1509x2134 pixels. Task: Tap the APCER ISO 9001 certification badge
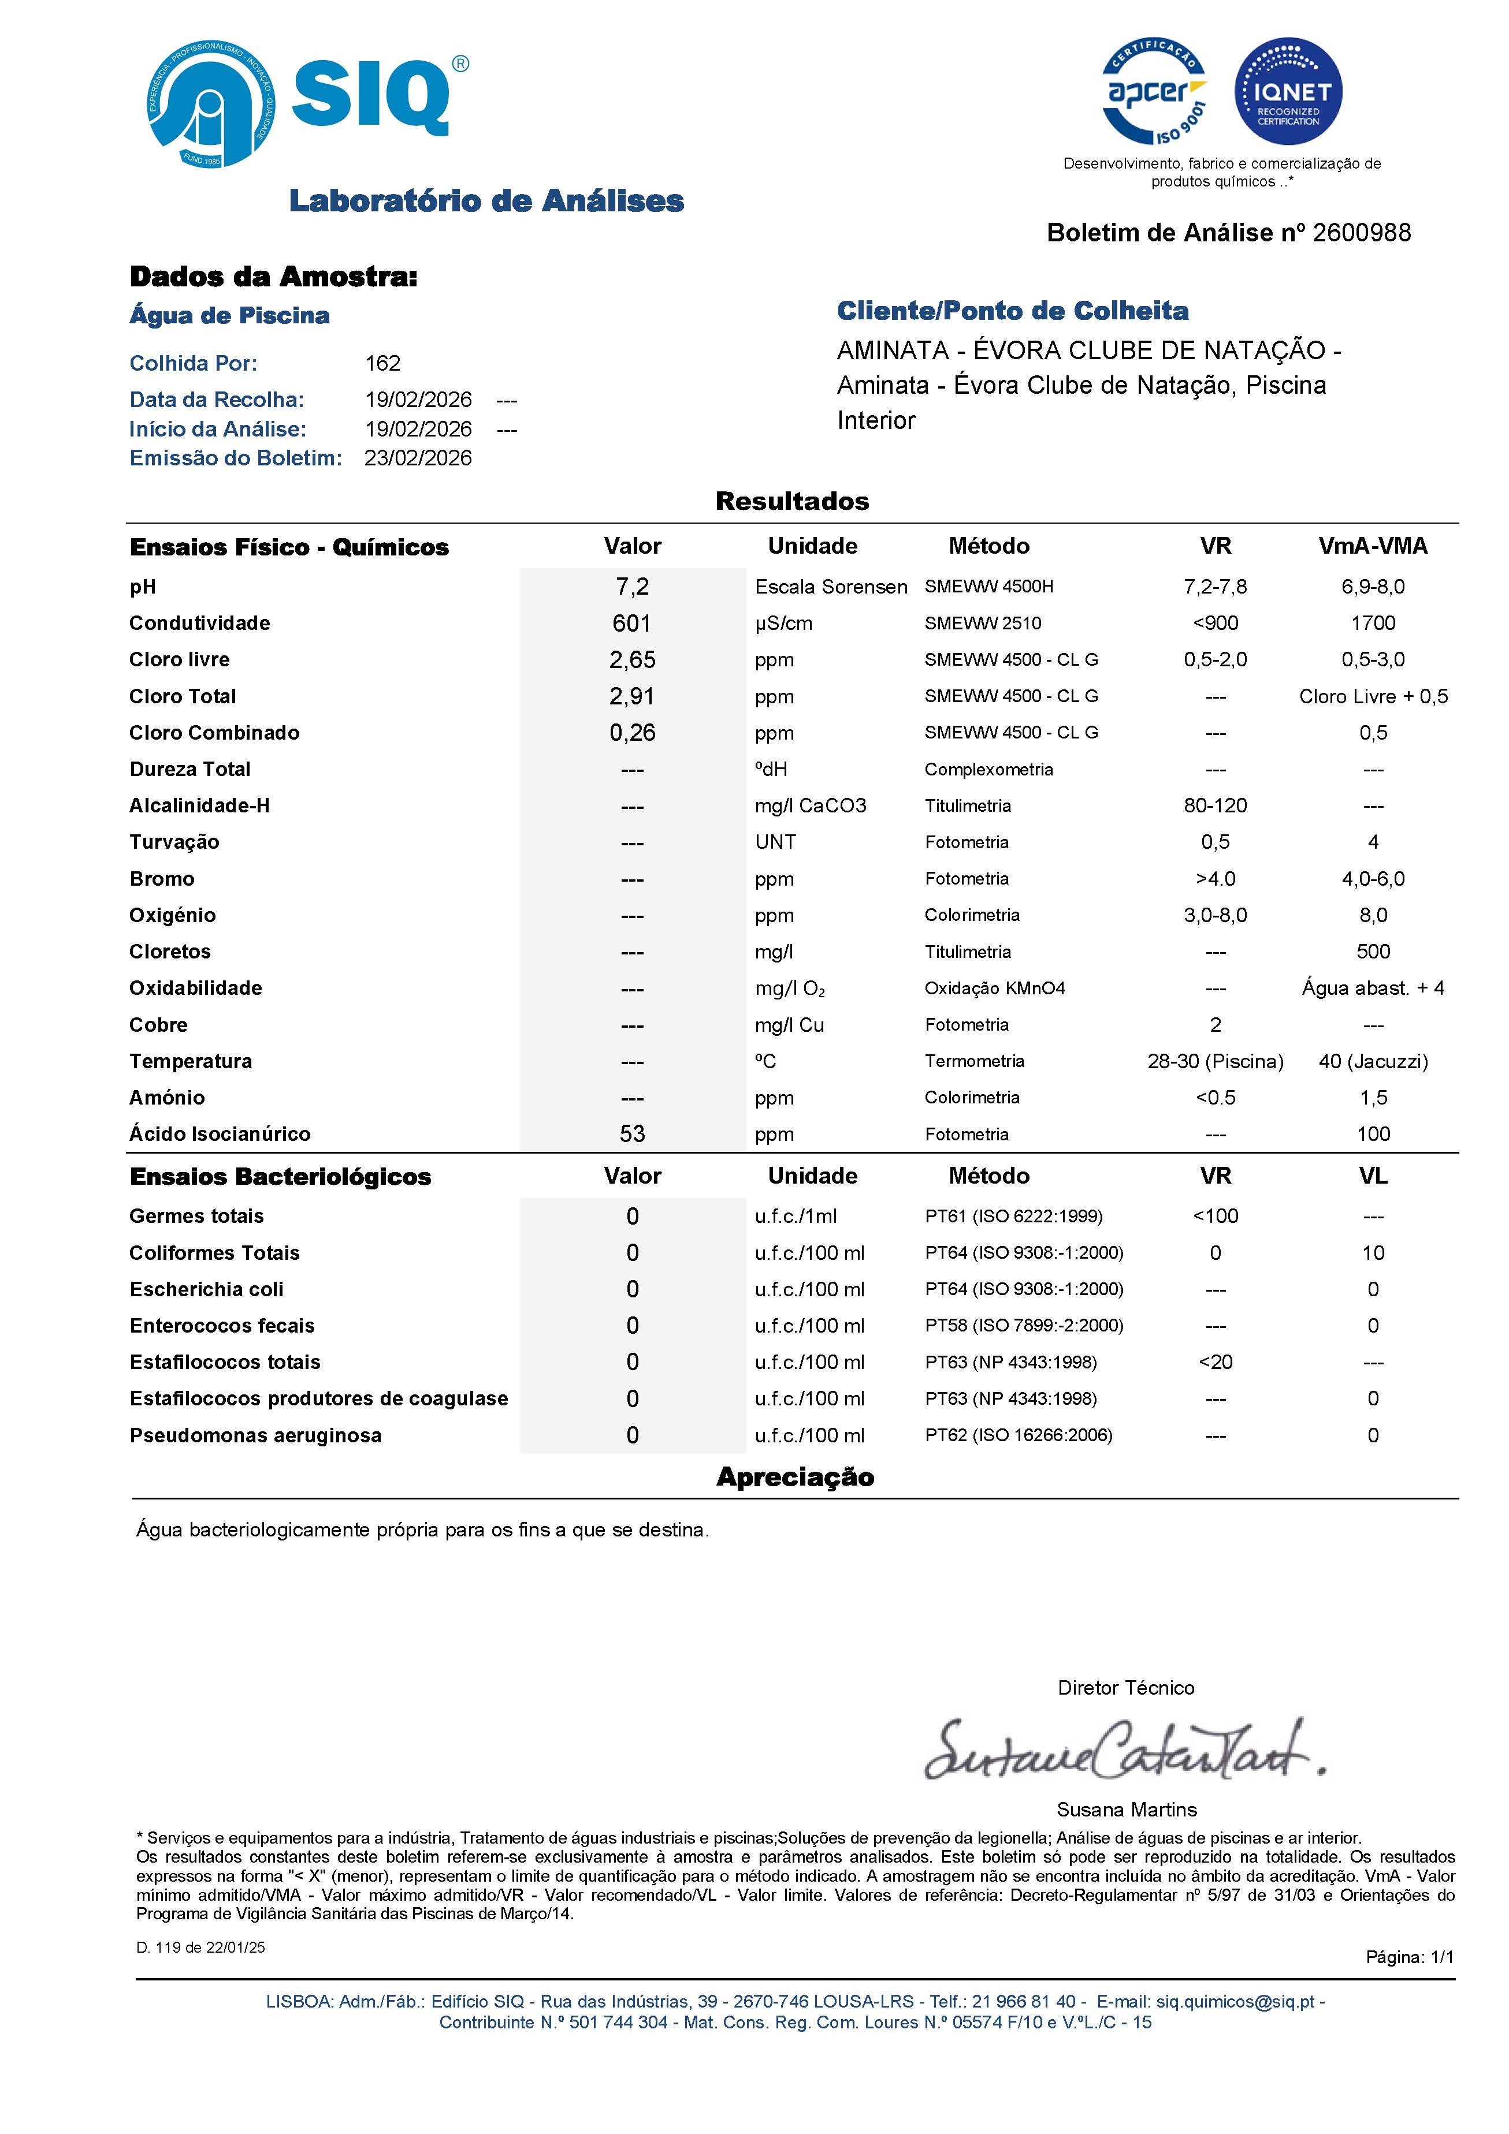[1155, 91]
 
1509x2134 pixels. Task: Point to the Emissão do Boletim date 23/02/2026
[418, 458]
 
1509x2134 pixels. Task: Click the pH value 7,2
[632, 587]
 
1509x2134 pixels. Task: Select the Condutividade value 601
[632, 623]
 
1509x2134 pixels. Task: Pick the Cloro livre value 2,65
[632, 660]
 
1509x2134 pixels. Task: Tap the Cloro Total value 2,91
[632, 696]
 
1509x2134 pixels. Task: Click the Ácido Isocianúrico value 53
[632, 1134]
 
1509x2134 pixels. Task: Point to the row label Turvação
[175, 842]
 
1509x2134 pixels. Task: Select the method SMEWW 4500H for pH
[988, 587]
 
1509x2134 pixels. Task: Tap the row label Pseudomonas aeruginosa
[256, 1435]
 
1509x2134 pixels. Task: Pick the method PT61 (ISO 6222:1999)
[1013, 1216]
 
